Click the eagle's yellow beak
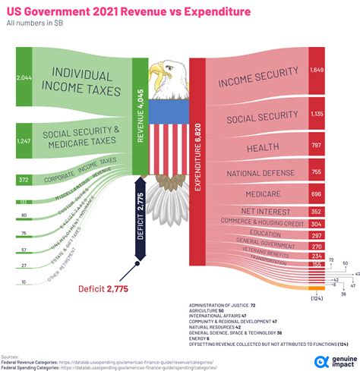(x=156, y=74)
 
